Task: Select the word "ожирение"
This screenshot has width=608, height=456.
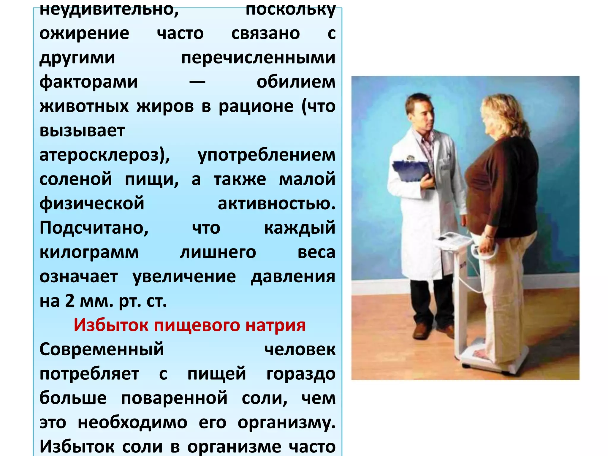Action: tap(84, 33)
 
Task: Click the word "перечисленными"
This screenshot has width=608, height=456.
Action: tap(258, 58)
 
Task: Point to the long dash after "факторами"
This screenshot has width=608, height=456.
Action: tap(197, 82)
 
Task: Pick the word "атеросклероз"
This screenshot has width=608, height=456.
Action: tap(102, 155)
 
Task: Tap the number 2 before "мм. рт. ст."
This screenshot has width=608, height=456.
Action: tap(70, 301)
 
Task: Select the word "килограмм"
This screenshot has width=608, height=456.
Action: tap(89, 252)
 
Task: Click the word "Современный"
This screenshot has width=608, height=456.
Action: tap(102, 349)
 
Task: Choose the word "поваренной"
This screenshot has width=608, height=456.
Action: tap(174, 398)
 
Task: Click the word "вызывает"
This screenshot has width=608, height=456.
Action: tap(82, 131)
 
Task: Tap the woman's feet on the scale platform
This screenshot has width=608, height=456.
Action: tap(481, 355)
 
